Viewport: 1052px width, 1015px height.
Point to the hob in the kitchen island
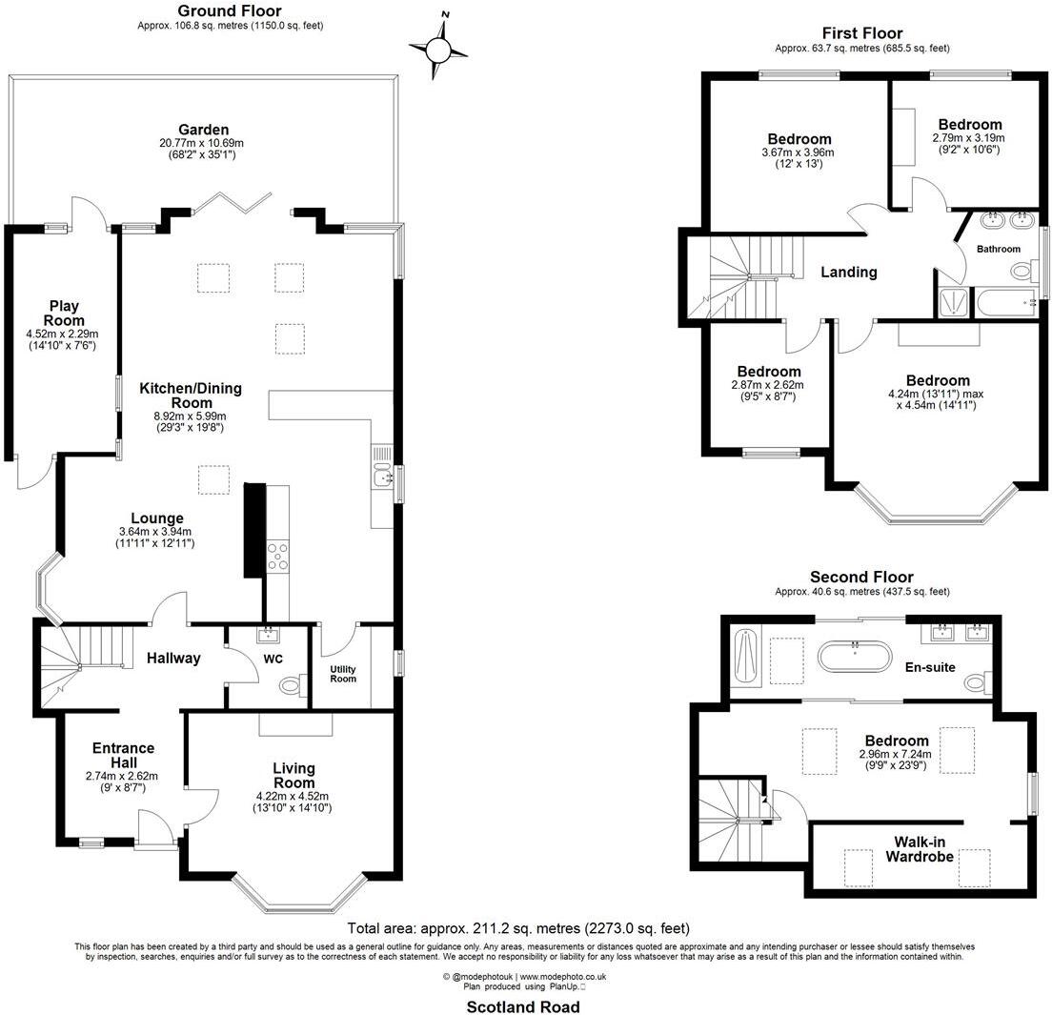point(278,556)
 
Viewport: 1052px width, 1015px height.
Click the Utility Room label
point(343,673)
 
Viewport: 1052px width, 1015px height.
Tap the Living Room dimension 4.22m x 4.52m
point(293,795)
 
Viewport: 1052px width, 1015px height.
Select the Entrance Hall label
point(123,755)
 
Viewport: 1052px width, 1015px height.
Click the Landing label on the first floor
point(848,272)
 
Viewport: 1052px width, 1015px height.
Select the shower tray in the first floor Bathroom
point(952,303)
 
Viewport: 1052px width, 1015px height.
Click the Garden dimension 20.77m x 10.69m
point(202,143)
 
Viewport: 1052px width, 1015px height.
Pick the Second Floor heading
point(860,577)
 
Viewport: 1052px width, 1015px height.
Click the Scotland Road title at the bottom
point(522,1006)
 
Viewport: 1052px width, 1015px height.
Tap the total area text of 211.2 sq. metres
point(518,927)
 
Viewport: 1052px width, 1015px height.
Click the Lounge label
point(151,518)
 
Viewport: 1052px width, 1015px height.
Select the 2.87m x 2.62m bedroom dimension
point(767,385)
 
